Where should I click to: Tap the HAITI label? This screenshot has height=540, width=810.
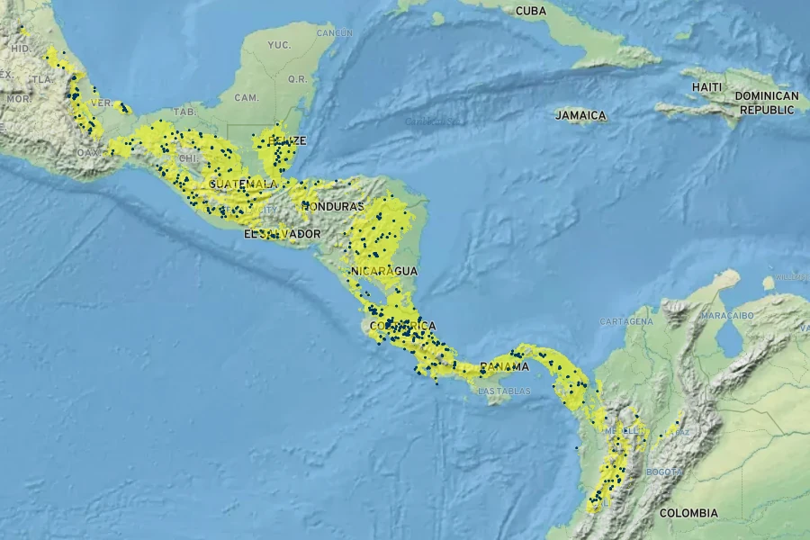click(706, 86)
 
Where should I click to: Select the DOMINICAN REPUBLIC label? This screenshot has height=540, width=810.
click(766, 103)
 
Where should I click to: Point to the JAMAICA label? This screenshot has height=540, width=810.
click(580, 116)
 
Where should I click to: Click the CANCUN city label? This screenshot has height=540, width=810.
click(333, 33)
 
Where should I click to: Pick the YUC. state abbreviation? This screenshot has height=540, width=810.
click(279, 44)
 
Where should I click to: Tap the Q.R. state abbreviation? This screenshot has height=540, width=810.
click(297, 78)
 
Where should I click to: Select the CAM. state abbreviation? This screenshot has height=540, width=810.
click(246, 96)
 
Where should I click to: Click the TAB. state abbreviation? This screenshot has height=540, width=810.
click(184, 112)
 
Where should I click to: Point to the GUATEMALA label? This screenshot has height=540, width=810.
click(242, 184)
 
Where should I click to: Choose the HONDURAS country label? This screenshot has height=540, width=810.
click(332, 205)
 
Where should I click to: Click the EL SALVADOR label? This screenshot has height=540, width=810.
click(282, 234)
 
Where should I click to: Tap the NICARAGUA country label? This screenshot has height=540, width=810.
click(384, 271)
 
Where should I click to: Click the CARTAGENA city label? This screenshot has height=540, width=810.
click(625, 321)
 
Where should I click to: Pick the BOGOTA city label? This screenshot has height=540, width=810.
click(663, 472)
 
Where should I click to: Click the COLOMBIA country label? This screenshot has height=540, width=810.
click(688, 513)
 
